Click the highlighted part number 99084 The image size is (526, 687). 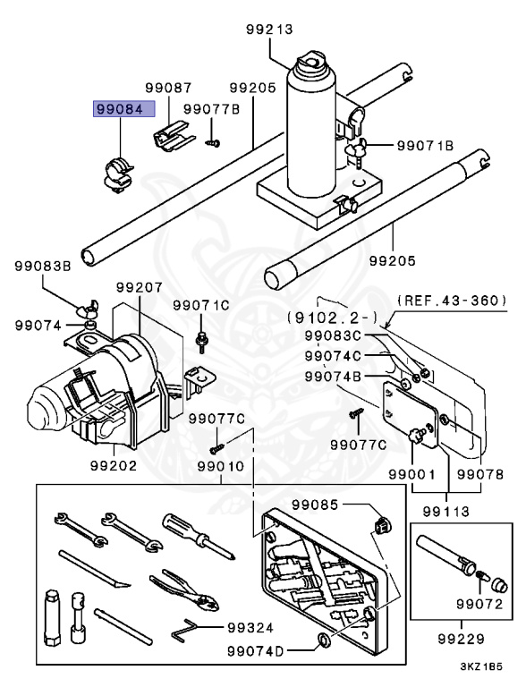pyautogui.click(x=125, y=110)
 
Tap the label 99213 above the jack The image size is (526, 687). pyautogui.click(x=269, y=30)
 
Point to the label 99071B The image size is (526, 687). pyautogui.click(x=426, y=144)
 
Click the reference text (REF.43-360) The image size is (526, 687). pyautogui.click(x=452, y=300)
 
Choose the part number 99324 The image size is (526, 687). pyautogui.click(x=251, y=627)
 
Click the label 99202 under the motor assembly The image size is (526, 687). pyautogui.click(x=113, y=464)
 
